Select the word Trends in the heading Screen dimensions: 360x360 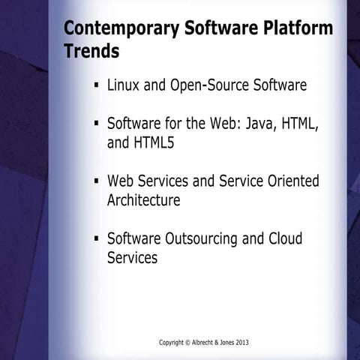(x=91, y=52)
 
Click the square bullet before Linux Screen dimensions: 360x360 (x=97, y=85)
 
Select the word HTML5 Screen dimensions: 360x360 (x=154, y=142)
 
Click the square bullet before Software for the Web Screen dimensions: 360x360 (x=97, y=123)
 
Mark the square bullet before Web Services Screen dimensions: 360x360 (x=97, y=181)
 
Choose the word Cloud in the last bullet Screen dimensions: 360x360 (x=285, y=239)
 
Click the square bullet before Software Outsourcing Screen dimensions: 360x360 (x=97, y=238)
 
